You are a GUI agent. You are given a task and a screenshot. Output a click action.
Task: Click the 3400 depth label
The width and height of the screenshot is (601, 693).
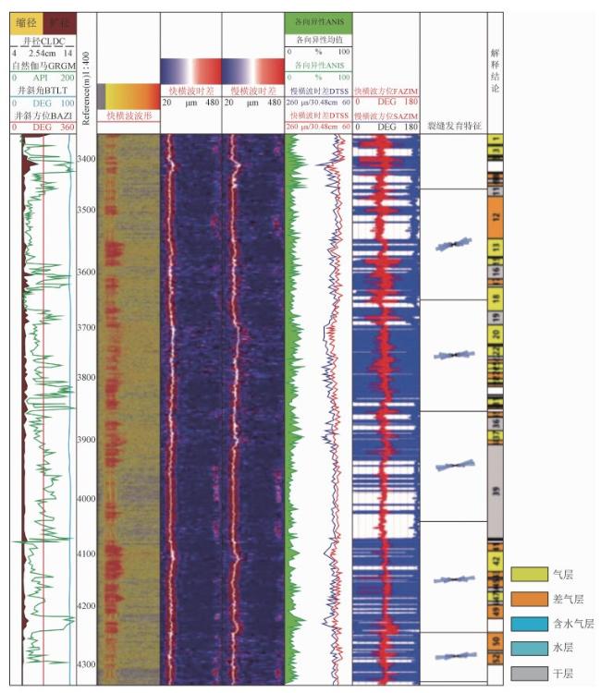[86, 159]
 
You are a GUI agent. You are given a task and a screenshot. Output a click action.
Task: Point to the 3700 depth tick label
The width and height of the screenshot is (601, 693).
[86, 327]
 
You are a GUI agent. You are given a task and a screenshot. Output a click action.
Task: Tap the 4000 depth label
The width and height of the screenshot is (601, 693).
[86, 499]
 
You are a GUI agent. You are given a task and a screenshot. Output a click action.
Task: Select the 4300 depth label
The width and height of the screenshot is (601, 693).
[86, 664]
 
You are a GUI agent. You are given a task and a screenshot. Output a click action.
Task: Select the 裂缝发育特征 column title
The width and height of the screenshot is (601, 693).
[453, 125]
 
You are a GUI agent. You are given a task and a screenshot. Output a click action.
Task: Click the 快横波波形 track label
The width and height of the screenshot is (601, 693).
[128, 116]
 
